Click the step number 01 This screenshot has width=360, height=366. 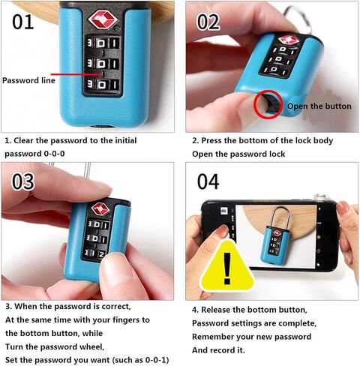pyautogui.click(x=22, y=22)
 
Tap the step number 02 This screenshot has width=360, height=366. pyautogui.click(x=208, y=22)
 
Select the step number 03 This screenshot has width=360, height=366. pyautogui.click(x=22, y=181)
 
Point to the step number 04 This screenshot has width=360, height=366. pyautogui.click(x=208, y=181)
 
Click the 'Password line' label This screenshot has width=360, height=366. pyautogui.click(x=28, y=80)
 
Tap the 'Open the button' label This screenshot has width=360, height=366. pyautogui.click(x=319, y=106)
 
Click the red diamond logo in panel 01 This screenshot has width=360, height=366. pyautogui.click(x=103, y=19)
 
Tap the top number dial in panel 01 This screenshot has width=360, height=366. pyautogui.click(x=103, y=43)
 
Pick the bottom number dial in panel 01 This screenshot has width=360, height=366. pyautogui.click(x=103, y=85)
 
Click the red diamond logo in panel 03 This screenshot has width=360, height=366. pyautogui.click(x=100, y=208)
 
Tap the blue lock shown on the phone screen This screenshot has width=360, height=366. pyautogui.click(x=275, y=244)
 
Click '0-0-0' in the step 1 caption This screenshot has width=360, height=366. pyautogui.click(x=55, y=154)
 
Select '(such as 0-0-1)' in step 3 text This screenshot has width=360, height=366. pyautogui.click(x=140, y=360)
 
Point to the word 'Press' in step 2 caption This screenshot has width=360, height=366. pyautogui.click(x=211, y=140)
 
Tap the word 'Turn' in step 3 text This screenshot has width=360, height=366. pyautogui.click(x=14, y=346)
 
